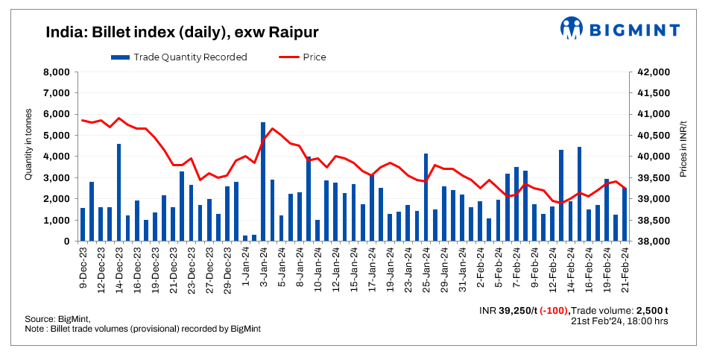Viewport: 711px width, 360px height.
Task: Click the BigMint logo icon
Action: [572, 28]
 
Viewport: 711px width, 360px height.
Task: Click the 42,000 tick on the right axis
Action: [654, 72]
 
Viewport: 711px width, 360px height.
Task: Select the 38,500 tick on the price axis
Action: [654, 221]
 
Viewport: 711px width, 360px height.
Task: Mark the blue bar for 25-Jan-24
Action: [426, 198]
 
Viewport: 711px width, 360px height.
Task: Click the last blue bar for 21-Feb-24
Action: [625, 215]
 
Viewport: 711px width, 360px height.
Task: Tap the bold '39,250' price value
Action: [520, 310]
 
